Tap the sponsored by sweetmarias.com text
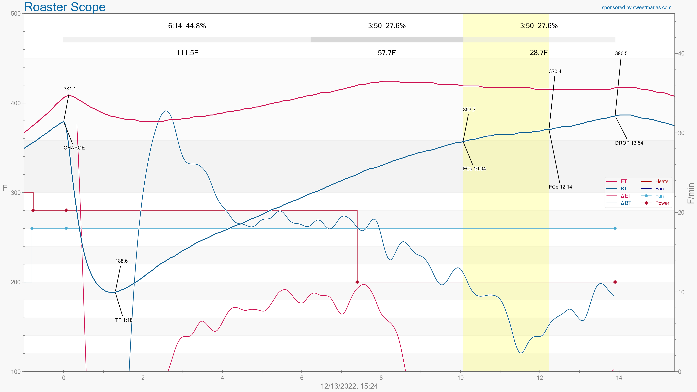click(636, 8)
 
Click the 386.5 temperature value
click(621, 53)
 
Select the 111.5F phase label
click(187, 53)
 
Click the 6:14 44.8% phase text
click(187, 26)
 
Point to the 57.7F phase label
click(387, 53)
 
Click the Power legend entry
click(662, 203)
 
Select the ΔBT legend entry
click(626, 203)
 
